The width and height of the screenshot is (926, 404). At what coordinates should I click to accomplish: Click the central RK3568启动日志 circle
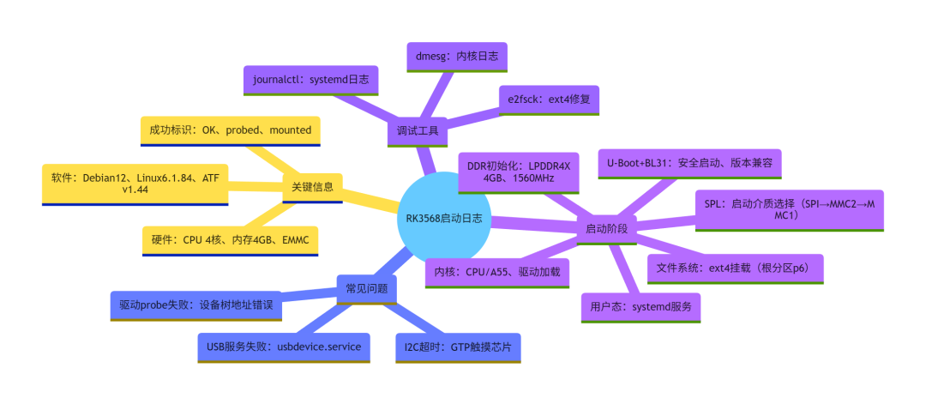click(444, 219)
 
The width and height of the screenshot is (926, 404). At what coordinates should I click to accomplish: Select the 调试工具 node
click(417, 131)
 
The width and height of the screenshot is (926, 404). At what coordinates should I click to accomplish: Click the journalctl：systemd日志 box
click(310, 81)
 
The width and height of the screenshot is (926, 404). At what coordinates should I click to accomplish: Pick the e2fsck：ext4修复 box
click(550, 99)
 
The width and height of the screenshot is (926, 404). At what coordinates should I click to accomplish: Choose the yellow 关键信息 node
click(312, 187)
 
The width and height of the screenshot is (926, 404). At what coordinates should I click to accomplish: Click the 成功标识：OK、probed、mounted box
click(231, 131)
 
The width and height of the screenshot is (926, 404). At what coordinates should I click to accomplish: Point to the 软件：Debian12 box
click(135, 184)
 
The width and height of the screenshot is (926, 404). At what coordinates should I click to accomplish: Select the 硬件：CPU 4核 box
click(231, 241)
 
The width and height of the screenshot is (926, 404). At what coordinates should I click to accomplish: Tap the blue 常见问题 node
click(367, 289)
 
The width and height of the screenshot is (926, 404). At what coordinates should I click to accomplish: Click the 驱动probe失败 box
click(196, 306)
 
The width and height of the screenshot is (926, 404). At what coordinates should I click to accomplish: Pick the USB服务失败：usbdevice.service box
click(284, 347)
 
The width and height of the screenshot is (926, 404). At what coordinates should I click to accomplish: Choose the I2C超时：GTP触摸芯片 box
click(458, 347)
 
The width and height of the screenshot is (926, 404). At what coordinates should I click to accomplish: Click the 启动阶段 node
click(606, 228)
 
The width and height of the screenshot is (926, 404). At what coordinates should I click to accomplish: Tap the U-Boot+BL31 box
click(689, 164)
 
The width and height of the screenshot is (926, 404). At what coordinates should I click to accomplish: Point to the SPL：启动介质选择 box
click(790, 210)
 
